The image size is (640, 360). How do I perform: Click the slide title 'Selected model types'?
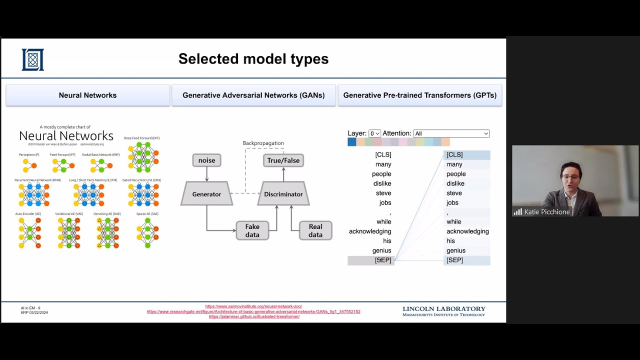pyautogui.click(x=253, y=59)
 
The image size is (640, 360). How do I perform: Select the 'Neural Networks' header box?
pyautogui.click(x=87, y=95)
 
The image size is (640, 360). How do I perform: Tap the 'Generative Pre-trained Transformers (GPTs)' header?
pyautogui.click(x=419, y=95)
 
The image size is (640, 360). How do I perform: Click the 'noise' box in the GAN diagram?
pyautogui.click(x=206, y=160)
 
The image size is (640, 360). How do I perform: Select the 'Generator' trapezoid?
pyautogui.click(x=206, y=194)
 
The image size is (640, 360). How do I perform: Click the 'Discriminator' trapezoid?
pyautogui.click(x=283, y=194)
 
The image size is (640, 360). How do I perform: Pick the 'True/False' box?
pyautogui.click(x=283, y=160)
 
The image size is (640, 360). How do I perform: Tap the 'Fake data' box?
pyautogui.click(x=252, y=230)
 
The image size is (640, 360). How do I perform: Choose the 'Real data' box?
pyautogui.click(x=315, y=230)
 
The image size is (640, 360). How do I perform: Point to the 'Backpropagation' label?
pyautogui.click(x=263, y=143)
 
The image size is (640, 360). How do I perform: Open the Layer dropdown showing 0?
pyautogui.click(x=374, y=133)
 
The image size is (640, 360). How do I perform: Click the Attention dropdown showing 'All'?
pyautogui.click(x=451, y=133)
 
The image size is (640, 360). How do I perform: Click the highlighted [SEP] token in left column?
pyautogui.click(x=382, y=260)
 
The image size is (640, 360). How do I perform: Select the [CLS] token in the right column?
pyautogui.click(x=454, y=155)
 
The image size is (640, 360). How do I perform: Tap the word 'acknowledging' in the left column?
pyautogui.click(x=370, y=231)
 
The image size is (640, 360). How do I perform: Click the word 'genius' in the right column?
pyautogui.click(x=455, y=250)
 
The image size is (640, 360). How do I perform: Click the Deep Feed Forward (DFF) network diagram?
pyautogui.click(x=143, y=157)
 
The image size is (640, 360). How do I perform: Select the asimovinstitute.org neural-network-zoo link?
pyautogui.click(x=253, y=306)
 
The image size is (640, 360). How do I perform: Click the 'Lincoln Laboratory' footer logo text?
pyautogui.click(x=443, y=309)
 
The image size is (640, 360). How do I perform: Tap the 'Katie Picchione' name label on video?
pyautogui.click(x=546, y=212)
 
